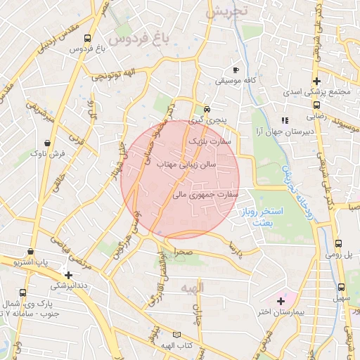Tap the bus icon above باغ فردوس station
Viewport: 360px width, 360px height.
coord(87,39)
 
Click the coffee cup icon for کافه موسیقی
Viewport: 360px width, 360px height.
coord(236,70)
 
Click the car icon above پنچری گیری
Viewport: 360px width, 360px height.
coord(207,110)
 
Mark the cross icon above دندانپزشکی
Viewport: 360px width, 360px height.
coord(68,275)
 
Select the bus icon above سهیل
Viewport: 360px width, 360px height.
coord(341,287)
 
